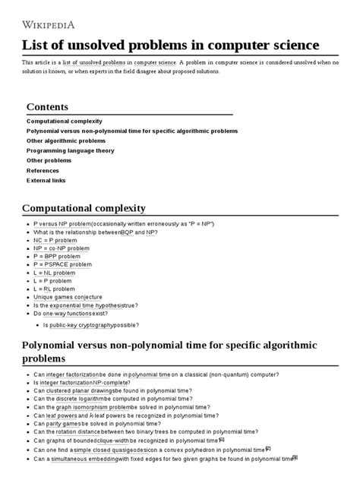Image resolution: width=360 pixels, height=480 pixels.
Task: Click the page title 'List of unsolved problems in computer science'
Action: click(x=171, y=44)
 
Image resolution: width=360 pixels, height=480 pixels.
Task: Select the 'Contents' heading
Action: click(x=47, y=107)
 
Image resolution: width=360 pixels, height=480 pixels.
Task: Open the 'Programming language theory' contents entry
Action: click(x=71, y=150)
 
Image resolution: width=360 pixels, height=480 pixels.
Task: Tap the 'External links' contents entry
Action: click(x=46, y=180)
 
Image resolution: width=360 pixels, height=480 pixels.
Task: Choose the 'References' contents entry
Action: click(x=43, y=170)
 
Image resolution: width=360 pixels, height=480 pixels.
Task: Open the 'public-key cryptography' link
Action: click(x=84, y=324)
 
